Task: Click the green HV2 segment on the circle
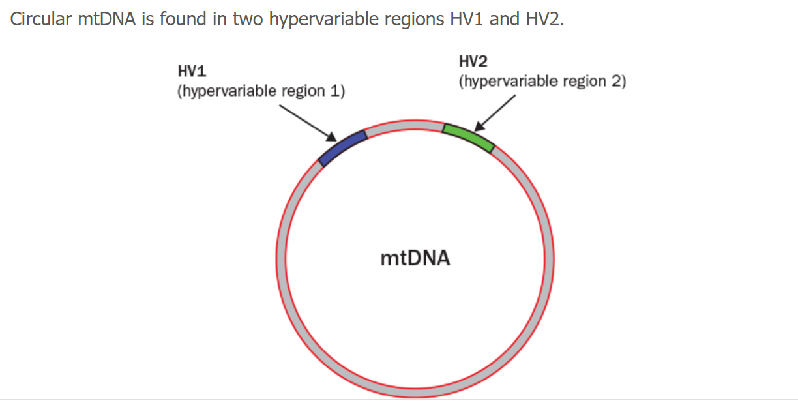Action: click(469, 136)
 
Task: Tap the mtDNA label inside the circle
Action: click(415, 258)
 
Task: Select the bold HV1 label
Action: click(192, 71)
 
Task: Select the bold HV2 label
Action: click(473, 61)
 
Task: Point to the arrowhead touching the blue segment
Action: click(332, 137)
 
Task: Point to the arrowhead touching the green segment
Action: click(479, 126)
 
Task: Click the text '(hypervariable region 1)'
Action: click(261, 91)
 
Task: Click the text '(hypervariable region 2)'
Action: click(542, 82)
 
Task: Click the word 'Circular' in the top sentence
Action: click(41, 19)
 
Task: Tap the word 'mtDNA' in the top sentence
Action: click(106, 19)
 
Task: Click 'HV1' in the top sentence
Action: click(467, 19)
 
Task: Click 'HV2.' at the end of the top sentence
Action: click(545, 19)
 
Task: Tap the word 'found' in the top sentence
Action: click(183, 19)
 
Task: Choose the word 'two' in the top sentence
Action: click(248, 20)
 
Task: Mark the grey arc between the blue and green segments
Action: click(404, 126)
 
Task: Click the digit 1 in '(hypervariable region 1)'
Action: click(335, 91)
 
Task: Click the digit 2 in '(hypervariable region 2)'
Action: click(616, 82)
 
